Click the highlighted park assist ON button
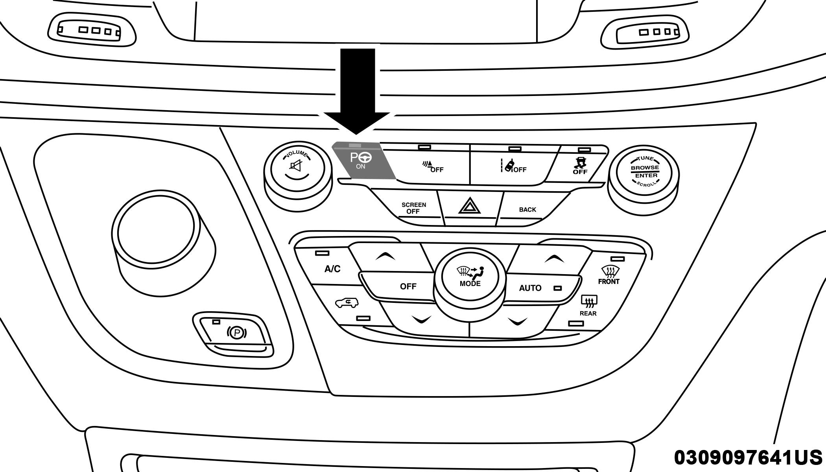pos(363,162)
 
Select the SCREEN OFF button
pos(413,208)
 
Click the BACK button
pos(527,210)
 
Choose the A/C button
pos(332,269)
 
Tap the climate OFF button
pos(408,286)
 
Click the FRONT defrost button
pos(608,275)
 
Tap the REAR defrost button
pos(588,306)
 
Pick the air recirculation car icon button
pos(347,304)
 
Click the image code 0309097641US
pos(748,457)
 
